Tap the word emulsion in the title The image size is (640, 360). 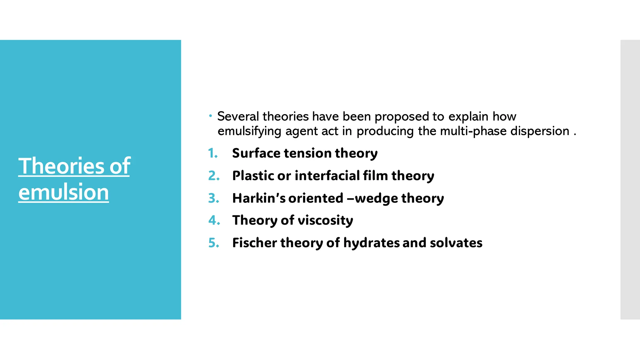tap(63, 192)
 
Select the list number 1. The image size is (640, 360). tap(213, 153)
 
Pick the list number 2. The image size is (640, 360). tap(214, 176)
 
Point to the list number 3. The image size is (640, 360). tap(214, 198)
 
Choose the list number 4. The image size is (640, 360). tap(214, 220)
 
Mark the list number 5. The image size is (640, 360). tap(214, 243)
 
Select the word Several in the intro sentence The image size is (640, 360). tap(238, 116)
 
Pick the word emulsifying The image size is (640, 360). tap(249, 131)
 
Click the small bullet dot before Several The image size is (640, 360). tap(211, 116)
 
